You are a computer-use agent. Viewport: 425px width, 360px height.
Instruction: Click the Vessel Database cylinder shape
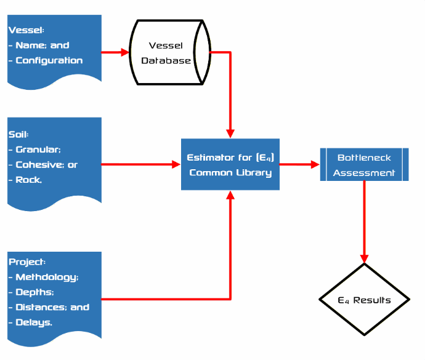pos(170,53)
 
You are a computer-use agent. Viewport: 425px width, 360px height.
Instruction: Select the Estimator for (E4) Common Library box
pos(230,164)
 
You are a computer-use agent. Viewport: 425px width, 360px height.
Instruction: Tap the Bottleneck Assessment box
pos(364,164)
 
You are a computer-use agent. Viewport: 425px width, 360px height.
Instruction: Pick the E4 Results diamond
pos(364,300)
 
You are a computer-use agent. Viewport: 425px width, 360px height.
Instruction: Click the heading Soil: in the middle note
pos(18,134)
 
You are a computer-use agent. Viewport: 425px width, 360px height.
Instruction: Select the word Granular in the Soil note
pos(38,150)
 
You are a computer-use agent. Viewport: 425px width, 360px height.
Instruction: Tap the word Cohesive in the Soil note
pos(38,165)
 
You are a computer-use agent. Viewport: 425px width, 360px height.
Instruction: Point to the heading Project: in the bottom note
pos(26,262)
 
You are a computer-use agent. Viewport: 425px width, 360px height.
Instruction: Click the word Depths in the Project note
pos(34,292)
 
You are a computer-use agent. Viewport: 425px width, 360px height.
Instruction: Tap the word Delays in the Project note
pos(33,322)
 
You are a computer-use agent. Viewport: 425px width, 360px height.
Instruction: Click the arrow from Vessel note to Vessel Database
pos(115,52)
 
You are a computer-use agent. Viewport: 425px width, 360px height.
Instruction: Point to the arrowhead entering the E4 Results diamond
pos(364,258)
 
